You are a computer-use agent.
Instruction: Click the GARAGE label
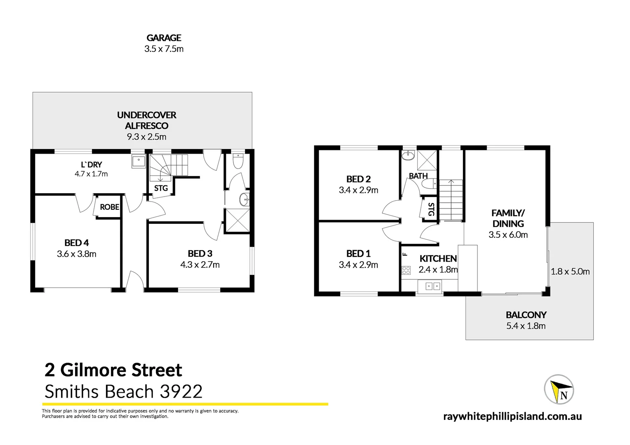[x=164, y=38]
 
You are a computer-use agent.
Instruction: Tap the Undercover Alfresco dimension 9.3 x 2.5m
[x=146, y=137]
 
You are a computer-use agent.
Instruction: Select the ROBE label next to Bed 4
[x=110, y=207]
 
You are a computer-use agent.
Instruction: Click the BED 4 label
[x=77, y=243]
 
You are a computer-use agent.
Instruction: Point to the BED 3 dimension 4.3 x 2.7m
[x=200, y=265]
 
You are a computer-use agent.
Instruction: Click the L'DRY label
[x=91, y=165]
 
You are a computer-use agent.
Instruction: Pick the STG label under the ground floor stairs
[x=161, y=188]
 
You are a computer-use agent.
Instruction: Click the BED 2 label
[x=358, y=179]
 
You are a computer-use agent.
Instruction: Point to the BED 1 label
[x=358, y=253]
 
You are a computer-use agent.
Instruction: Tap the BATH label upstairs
[x=418, y=176]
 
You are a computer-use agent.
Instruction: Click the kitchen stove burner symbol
[x=406, y=270]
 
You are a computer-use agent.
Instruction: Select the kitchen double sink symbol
[x=430, y=286]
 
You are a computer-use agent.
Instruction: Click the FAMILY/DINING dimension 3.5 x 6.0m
[x=508, y=235]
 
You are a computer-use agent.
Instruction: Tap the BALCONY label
[x=526, y=315]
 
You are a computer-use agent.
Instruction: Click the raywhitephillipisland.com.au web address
[x=512, y=416]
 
